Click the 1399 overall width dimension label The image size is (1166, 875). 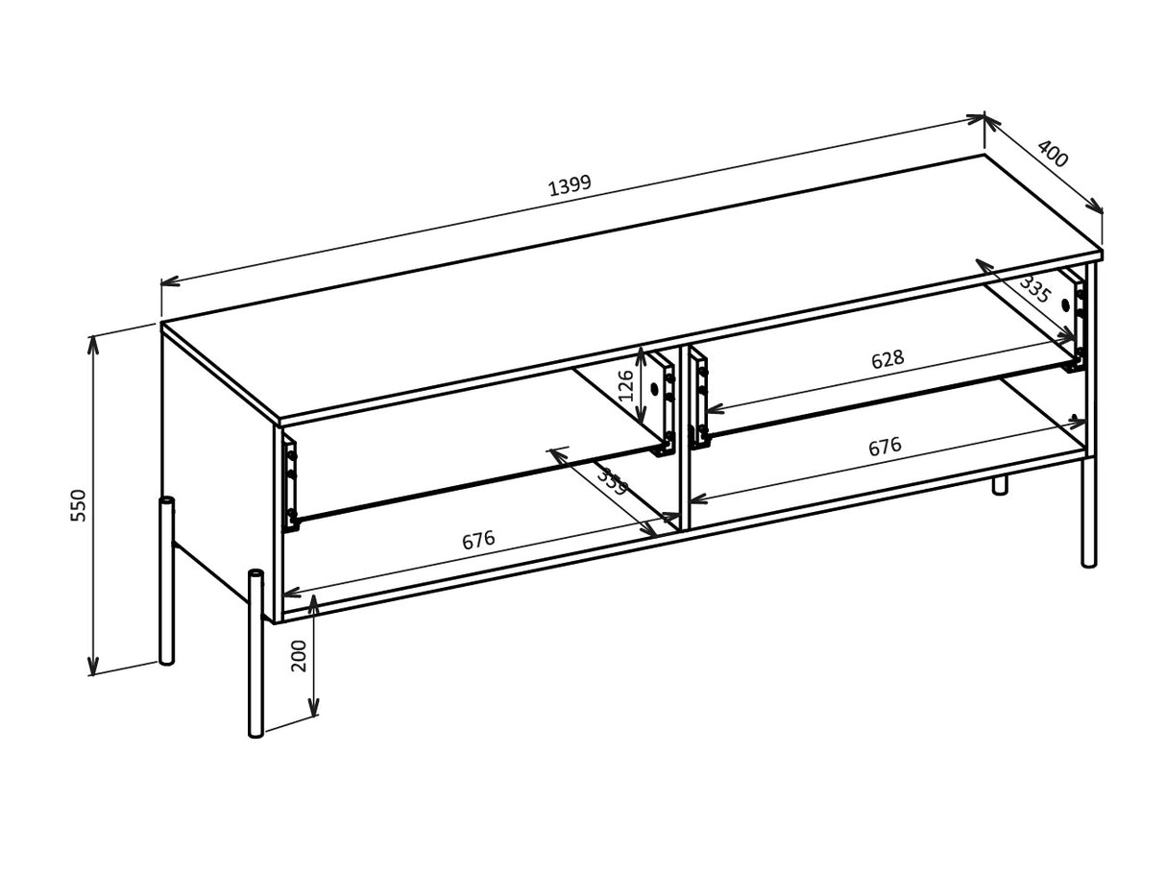(x=570, y=184)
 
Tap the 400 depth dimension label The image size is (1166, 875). (x=1053, y=154)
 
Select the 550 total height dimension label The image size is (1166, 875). (x=79, y=505)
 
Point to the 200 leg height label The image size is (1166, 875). (x=300, y=655)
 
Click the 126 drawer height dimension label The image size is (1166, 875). (x=626, y=385)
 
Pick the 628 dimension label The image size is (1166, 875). (x=887, y=360)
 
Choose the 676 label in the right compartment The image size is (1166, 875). (x=885, y=447)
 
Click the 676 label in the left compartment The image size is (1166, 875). (x=478, y=541)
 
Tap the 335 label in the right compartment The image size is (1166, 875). (x=1035, y=288)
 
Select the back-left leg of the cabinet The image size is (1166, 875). (x=167, y=581)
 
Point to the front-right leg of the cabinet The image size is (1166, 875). (x=1088, y=514)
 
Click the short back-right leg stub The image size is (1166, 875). (x=1000, y=484)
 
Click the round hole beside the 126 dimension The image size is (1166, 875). (x=654, y=389)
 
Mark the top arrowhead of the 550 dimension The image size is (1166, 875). (x=93, y=343)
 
